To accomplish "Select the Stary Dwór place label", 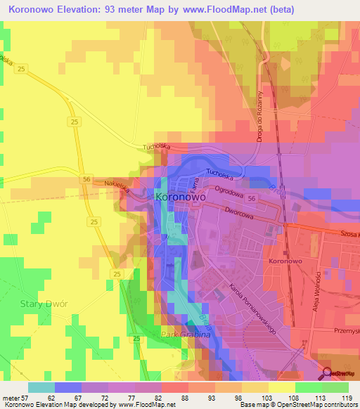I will click(x=38, y=305).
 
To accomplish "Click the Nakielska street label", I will click(x=98, y=184).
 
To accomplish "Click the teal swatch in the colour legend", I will click(x=41, y=387).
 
